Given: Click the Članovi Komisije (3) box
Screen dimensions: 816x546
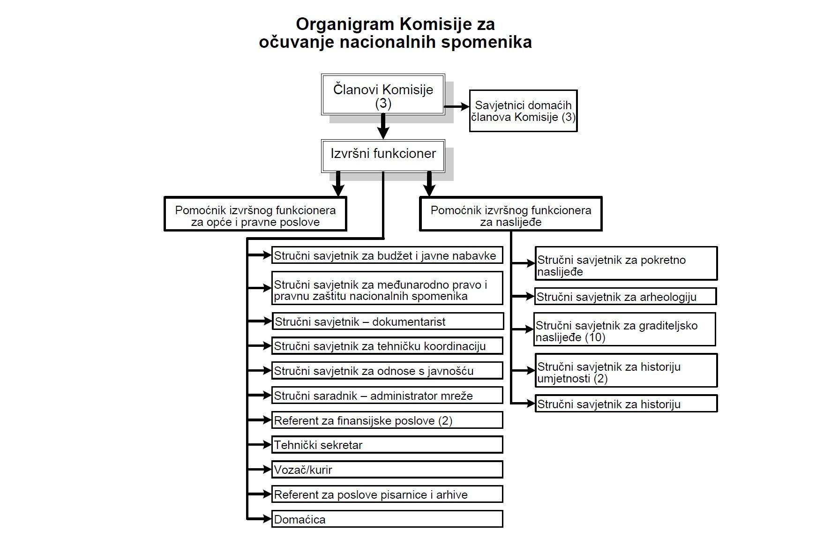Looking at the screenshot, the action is (383, 94).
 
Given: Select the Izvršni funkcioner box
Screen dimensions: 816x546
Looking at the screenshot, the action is (383, 156).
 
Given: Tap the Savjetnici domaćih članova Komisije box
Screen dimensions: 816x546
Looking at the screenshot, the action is (523, 111).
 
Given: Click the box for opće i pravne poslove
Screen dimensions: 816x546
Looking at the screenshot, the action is (255, 214).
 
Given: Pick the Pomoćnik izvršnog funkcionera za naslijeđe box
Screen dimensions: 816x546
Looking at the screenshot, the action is (511, 214).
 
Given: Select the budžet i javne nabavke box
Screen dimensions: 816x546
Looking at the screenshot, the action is (387, 255).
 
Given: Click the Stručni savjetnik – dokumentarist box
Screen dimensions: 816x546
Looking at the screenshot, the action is (388, 322).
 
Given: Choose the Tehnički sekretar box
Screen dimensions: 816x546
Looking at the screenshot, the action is (387, 445).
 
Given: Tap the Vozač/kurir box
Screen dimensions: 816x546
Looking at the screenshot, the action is (387, 470).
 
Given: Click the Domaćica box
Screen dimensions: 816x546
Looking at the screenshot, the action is (387, 519).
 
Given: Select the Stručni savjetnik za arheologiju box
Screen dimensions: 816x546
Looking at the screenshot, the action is (626, 297).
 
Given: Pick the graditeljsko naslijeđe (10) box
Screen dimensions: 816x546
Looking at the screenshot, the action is (625, 329).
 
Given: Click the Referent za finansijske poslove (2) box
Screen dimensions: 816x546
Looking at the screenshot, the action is (387, 420).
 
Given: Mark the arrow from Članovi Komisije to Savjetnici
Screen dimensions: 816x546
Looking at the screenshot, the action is (457, 107).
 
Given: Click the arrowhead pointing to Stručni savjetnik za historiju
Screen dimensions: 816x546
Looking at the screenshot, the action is (532, 403).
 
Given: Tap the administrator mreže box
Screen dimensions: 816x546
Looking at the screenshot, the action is (387, 396).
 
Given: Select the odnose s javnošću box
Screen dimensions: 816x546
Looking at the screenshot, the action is (387, 371).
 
